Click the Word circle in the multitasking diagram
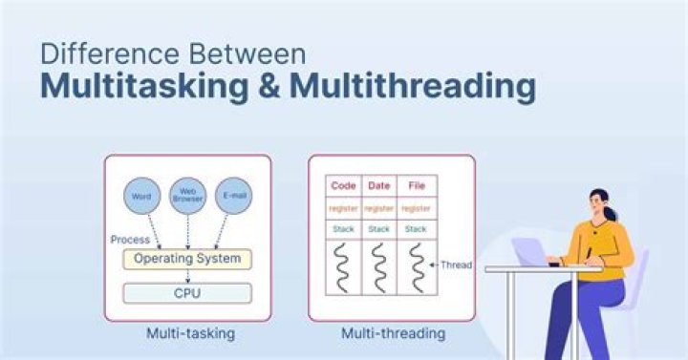[x=141, y=196]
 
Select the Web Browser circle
[x=188, y=196]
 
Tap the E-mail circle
[x=234, y=196]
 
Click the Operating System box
[x=187, y=259]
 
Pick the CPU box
[x=187, y=293]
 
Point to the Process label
[x=130, y=240]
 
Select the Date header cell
[x=378, y=186]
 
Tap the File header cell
[x=416, y=186]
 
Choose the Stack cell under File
[x=416, y=229]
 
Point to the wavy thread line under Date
[x=379, y=268]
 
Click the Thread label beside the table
[x=456, y=265]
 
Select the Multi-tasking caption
[x=190, y=333]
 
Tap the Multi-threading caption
[x=393, y=333]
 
